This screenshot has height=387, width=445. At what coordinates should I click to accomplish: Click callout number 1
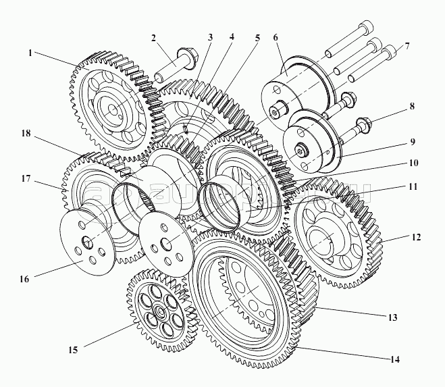30,53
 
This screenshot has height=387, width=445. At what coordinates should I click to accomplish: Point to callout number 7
407,47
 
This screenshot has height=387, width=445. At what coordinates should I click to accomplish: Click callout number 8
411,106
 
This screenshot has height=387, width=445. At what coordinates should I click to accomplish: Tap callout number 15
72,350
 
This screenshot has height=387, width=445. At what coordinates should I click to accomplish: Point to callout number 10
413,163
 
